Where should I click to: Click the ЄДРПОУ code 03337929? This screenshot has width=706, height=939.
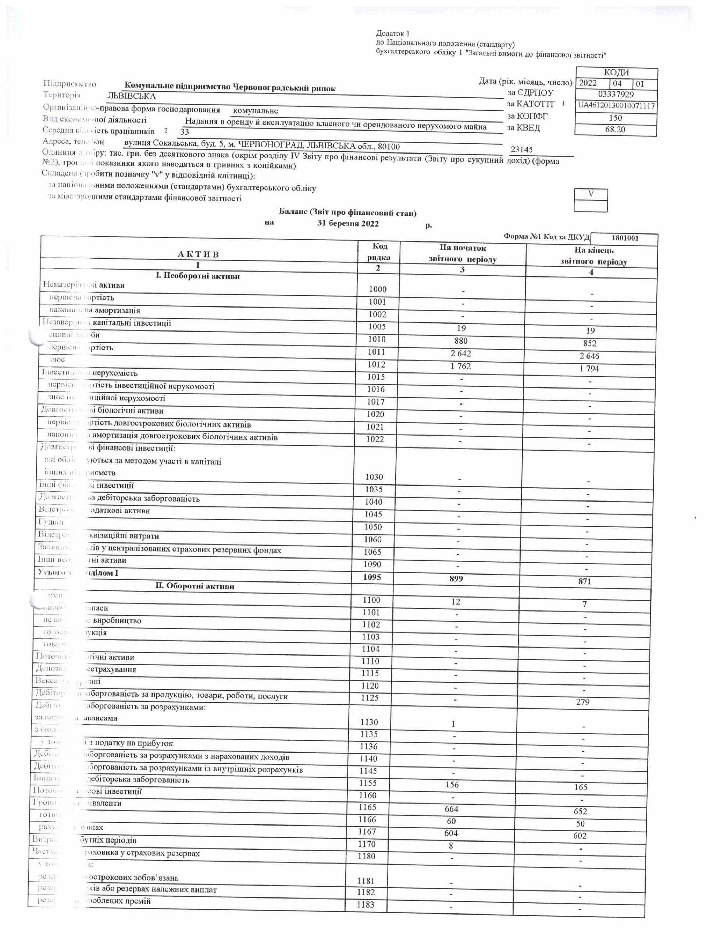[616, 94]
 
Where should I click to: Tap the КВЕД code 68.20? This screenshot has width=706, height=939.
[615, 130]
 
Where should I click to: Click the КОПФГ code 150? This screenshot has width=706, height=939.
[615, 118]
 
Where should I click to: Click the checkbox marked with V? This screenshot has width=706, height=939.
[591, 194]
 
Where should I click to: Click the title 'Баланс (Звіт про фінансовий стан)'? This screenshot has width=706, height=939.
[347, 212]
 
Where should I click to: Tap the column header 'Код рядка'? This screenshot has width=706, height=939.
[379, 252]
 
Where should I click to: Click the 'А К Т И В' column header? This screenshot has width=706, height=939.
[198, 254]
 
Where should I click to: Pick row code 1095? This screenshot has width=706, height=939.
[372, 577]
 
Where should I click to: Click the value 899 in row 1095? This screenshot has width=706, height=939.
[456, 578]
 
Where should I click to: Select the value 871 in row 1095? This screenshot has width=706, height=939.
[585, 581]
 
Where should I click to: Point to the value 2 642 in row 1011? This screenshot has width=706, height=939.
[461, 353]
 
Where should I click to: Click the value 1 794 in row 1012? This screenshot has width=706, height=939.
[589, 368]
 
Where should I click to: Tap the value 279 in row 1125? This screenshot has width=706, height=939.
[582, 702]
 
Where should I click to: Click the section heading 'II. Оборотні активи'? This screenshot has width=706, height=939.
[195, 586]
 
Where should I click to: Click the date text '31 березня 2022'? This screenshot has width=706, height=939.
[348, 224]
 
